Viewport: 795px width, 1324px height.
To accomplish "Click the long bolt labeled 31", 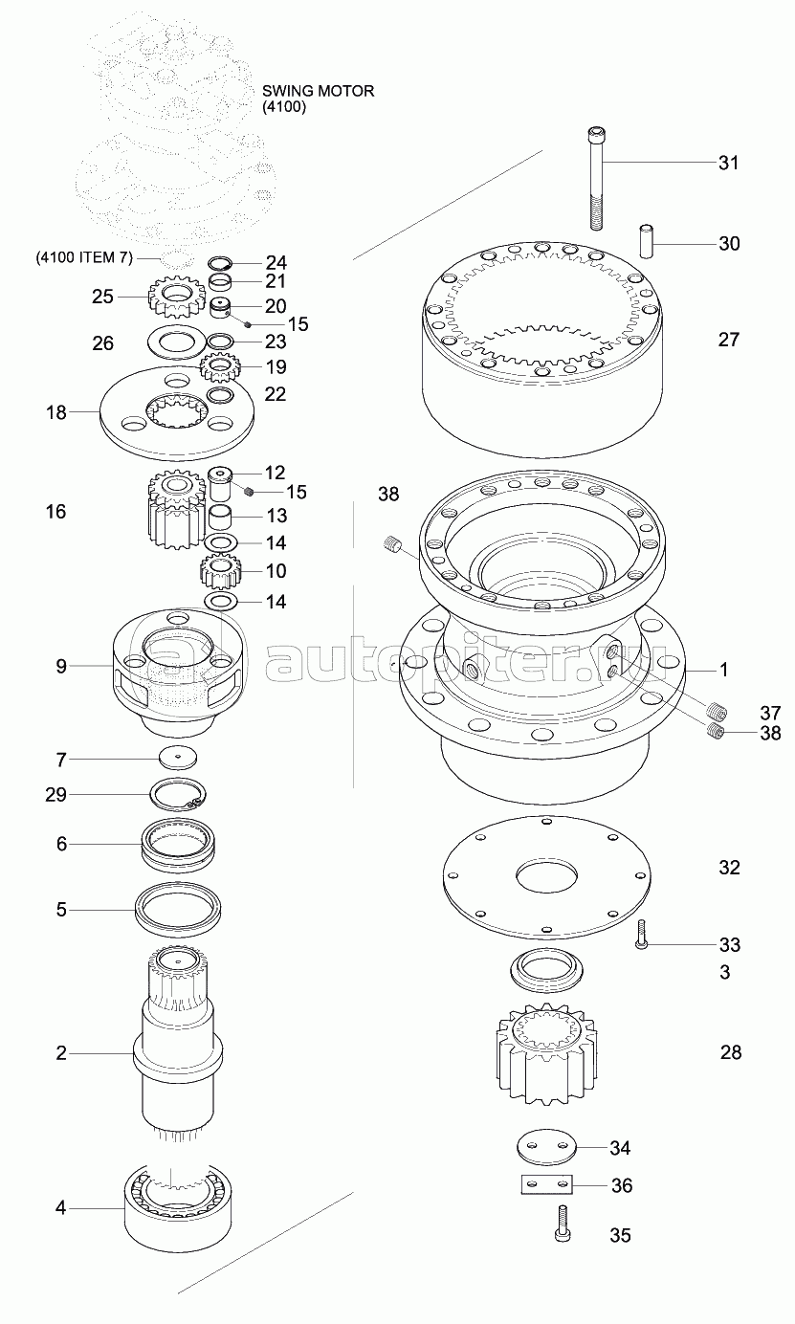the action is pos(596,177).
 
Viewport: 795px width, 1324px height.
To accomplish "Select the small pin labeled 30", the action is pos(647,240).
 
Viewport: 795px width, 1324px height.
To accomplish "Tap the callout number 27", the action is pos(728,340).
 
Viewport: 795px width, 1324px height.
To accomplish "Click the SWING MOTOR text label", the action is pos(318,91).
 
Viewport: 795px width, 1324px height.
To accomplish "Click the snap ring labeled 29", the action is pos(178,795).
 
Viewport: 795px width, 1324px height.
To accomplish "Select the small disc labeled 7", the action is pos(178,758).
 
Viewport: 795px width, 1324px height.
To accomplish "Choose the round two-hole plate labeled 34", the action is pos(545,1148).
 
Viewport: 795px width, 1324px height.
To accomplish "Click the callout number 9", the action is pos(61,666).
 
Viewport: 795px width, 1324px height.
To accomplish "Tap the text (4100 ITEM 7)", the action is pos(84,257).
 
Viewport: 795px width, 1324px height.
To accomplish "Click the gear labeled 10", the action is pos(220,571).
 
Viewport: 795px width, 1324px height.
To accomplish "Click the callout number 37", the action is pos(770,713).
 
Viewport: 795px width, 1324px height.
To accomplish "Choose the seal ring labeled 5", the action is pos(178,909).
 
